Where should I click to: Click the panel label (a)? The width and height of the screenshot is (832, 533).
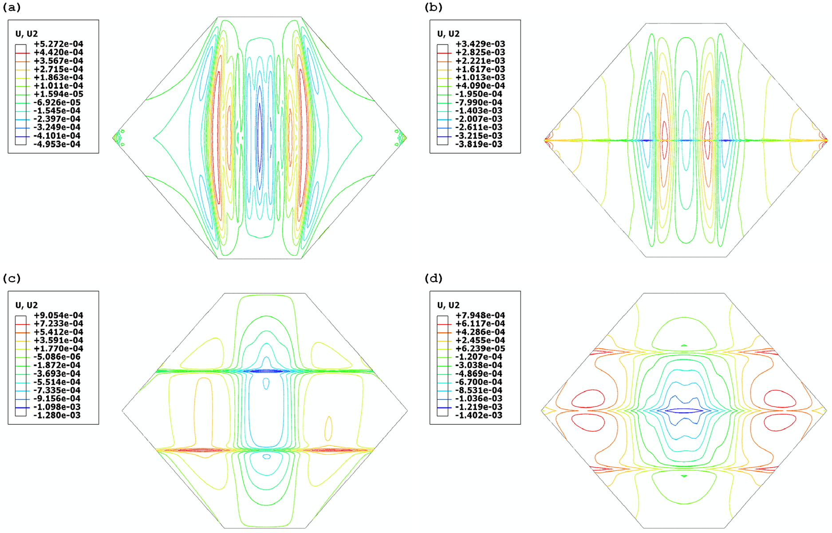click(12, 7)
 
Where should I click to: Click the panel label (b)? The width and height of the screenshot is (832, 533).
click(434, 7)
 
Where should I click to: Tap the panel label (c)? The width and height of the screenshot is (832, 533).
click(12, 278)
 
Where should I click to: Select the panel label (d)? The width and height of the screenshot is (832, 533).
click(434, 278)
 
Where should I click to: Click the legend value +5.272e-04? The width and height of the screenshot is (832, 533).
click(59, 44)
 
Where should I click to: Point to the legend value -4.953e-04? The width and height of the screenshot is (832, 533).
click(59, 144)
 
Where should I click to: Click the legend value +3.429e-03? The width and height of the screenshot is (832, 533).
click(481, 44)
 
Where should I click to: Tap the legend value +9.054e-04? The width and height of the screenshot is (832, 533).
click(59, 315)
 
